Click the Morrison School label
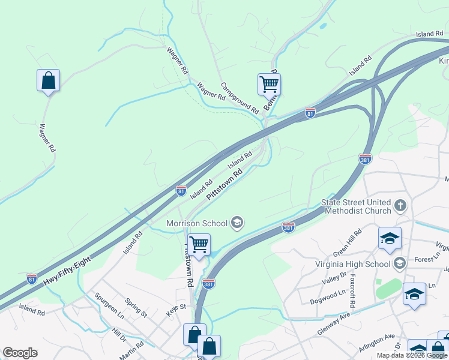point(197,223)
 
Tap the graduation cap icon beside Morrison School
point(237,223)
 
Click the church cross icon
point(400,207)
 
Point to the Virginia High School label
point(353,263)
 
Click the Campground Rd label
point(240,98)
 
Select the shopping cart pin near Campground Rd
point(270,85)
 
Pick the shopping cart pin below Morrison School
point(199,245)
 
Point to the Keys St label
point(176,307)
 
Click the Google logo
point(20,353)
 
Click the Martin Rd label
point(131,348)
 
